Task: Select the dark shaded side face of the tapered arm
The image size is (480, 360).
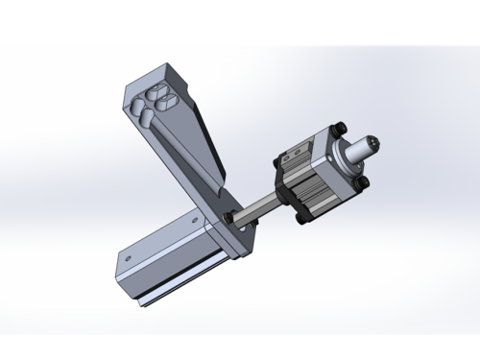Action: [207, 134]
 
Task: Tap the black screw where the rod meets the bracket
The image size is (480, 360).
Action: [230, 217]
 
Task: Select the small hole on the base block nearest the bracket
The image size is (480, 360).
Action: [199, 223]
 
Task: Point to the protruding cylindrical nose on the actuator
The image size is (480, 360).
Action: [363, 149]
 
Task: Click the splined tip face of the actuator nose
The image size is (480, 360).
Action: [377, 145]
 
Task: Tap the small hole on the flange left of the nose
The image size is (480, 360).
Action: [335, 152]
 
